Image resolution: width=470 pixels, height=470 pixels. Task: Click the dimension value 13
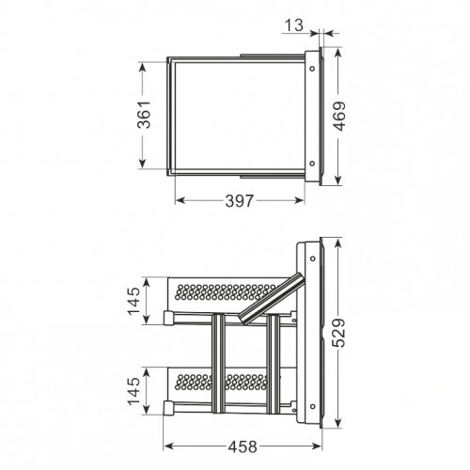(294, 25)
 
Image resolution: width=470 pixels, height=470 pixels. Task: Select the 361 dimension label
(144, 115)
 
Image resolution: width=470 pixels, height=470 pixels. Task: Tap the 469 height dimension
(338, 116)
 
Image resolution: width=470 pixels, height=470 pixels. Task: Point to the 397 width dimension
(239, 201)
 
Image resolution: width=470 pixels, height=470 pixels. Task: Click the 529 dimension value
(338, 333)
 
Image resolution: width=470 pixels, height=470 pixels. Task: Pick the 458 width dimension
(243, 446)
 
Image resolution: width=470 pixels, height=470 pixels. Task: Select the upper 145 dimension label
(133, 301)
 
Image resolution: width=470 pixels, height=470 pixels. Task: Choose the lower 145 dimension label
(133, 391)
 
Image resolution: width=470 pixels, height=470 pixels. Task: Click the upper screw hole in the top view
(312, 69)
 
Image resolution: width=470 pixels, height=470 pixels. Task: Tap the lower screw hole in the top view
(312, 164)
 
